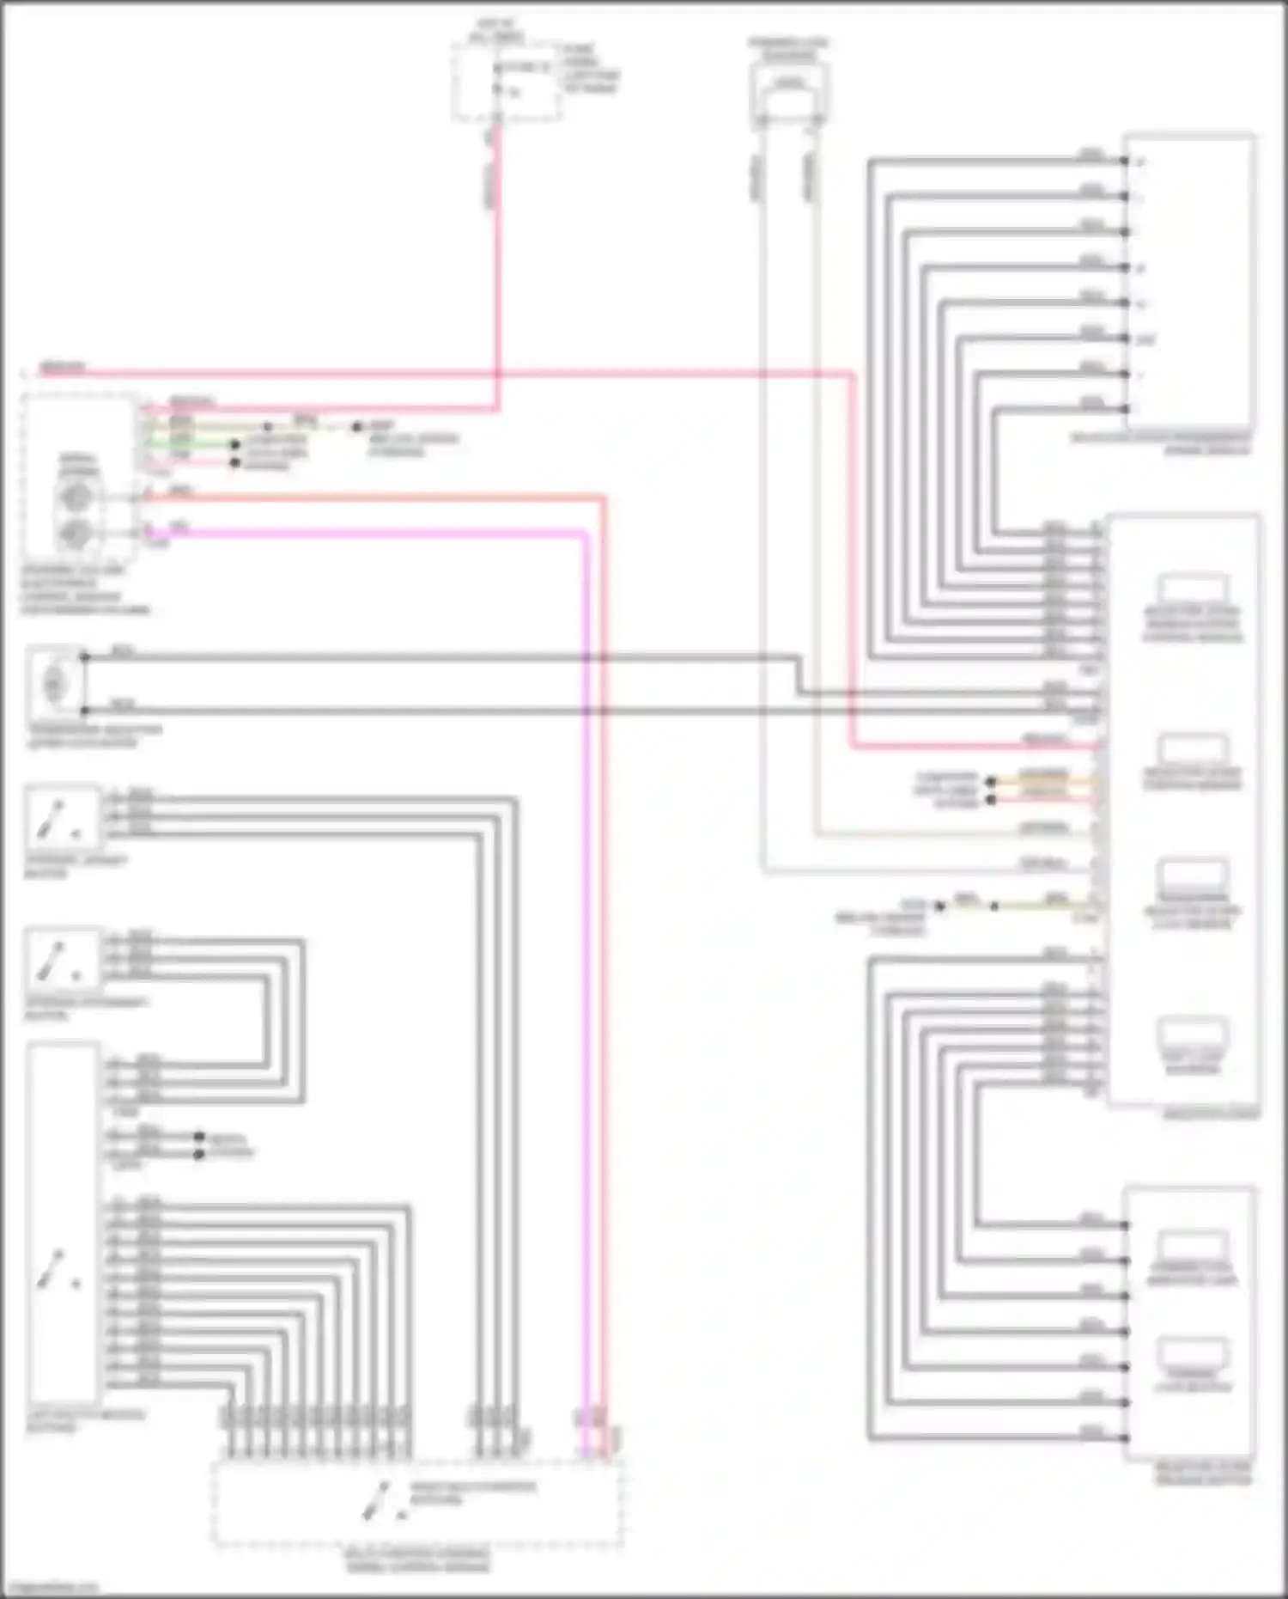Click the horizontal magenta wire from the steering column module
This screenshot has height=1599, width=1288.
pos(369,534)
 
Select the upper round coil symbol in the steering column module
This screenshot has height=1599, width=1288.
pos(75,497)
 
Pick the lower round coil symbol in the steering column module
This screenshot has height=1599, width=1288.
pos(75,534)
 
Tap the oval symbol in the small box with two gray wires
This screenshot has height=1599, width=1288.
pos(54,684)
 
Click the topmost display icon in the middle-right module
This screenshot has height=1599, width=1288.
pos(1192,591)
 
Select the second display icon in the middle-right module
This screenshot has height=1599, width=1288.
pos(1192,749)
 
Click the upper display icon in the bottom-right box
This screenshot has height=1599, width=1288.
pos(1192,1246)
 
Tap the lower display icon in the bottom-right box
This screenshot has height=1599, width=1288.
pos(1192,1353)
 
